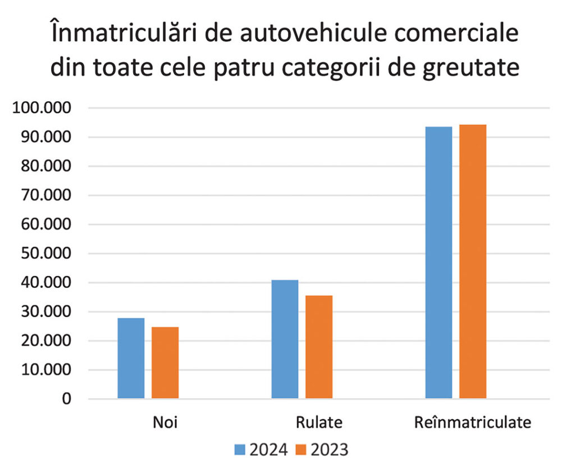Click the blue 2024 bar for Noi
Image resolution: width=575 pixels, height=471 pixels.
pyautogui.click(x=131, y=358)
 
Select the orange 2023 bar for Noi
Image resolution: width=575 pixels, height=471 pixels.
pyautogui.click(x=165, y=363)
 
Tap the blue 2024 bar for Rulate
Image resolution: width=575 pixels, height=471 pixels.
pyautogui.click(x=285, y=339)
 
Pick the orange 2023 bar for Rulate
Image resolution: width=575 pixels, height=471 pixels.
pyautogui.click(x=319, y=347)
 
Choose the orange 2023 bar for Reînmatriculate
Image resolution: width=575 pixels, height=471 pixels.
pyautogui.click(x=473, y=262)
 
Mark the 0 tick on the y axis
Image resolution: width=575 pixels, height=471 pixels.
pyautogui.click(x=67, y=399)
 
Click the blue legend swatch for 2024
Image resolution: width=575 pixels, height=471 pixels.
pyautogui.click(x=240, y=450)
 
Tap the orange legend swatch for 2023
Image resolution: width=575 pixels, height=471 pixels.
pyautogui.click(x=302, y=450)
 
